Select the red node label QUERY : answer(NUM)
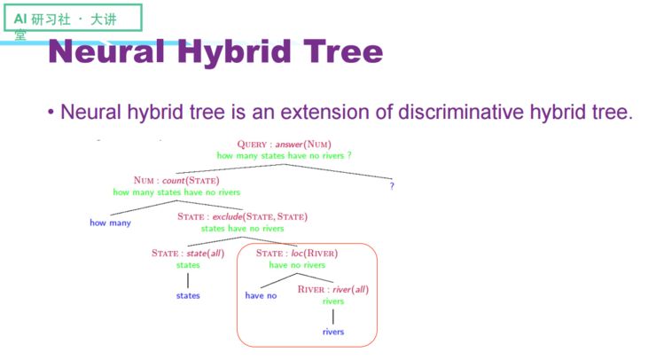pyautogui.click(x=284, y=144)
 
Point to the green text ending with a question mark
pyautogui.click(x=284, y=155)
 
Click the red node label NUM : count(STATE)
pyautogui.click(x=176, y=180)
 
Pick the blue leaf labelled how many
pyautogui.click(x=110, y=223)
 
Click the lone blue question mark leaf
pyautogui.click(x=393, y=186)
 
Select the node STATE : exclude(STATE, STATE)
pyautogui.click(x=242, y=216)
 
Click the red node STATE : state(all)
pyautogui.click(x=188, y=254)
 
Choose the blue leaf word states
pyautogui.click(x=188, y=295)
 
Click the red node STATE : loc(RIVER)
pyautogui.click(x=297, y=254)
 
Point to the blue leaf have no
pyautogui.click(x=261, y=295)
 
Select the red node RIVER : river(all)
pyautogui.click(x=332, y=290)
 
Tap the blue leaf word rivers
pyautogui.click(x=332, y=332)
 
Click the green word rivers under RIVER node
pyautogui.click(x=332, y=301)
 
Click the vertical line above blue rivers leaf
pyautogui.click(x=332, y=316)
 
